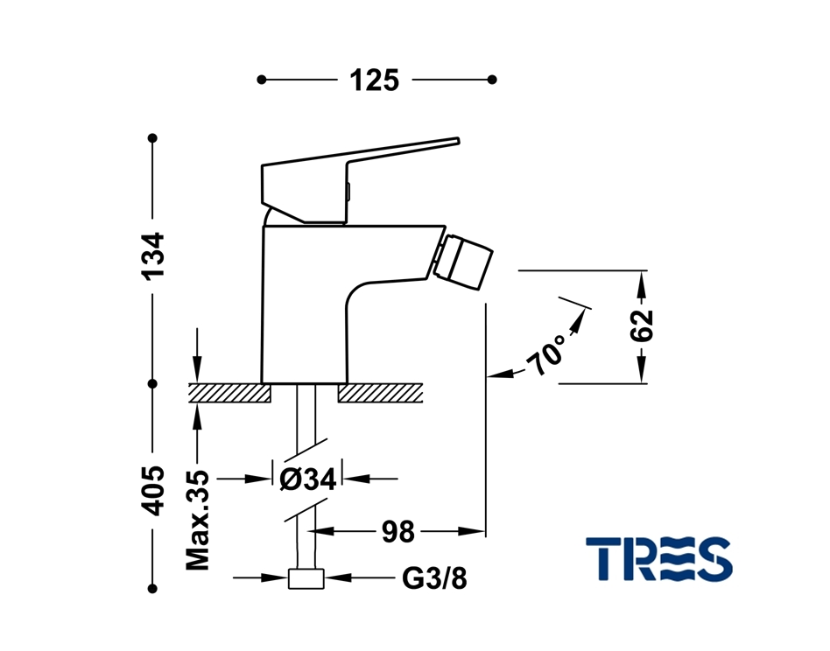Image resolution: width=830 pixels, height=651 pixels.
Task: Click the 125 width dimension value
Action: pyautogui.click(x=374, y=80)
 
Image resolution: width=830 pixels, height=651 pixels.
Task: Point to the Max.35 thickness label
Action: pyautogui.click(x=198, y=520)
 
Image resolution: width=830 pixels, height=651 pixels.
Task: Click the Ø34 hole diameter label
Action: pyautogui.click(x=307, y=479)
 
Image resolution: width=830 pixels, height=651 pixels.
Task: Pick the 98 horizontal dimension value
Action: pyautogui.click(x=398, y=531)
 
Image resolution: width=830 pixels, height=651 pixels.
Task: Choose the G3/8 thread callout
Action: pyautogui.click(x=434, y=578)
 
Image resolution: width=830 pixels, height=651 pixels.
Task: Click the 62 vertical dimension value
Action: pyautogui.click(x=642, y=325)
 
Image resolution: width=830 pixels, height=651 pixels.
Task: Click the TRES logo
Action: pyautogui.click(x=659, y=558)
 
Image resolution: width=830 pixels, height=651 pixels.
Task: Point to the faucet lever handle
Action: pyautogui.click(x=360, y=179)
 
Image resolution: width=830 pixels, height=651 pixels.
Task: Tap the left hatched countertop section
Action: pyautogui.click(x=229, y=393)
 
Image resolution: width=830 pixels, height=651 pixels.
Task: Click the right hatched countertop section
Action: pyautogui.click(x=380, y=393)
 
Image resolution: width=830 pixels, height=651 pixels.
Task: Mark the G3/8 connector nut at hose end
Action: pyautogui.click(x=306, y=578)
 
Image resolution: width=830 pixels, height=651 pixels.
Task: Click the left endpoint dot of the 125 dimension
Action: pyautogui.click(x=262, y=80)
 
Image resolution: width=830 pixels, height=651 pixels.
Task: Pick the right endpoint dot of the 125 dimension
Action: pyautogui.click(x=492, y=80)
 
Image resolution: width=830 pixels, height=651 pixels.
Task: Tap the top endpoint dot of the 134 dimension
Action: pyautogui.click(x=153, y=138)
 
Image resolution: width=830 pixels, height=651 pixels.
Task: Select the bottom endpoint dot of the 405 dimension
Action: pyautogui.click(x=153, y=589)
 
